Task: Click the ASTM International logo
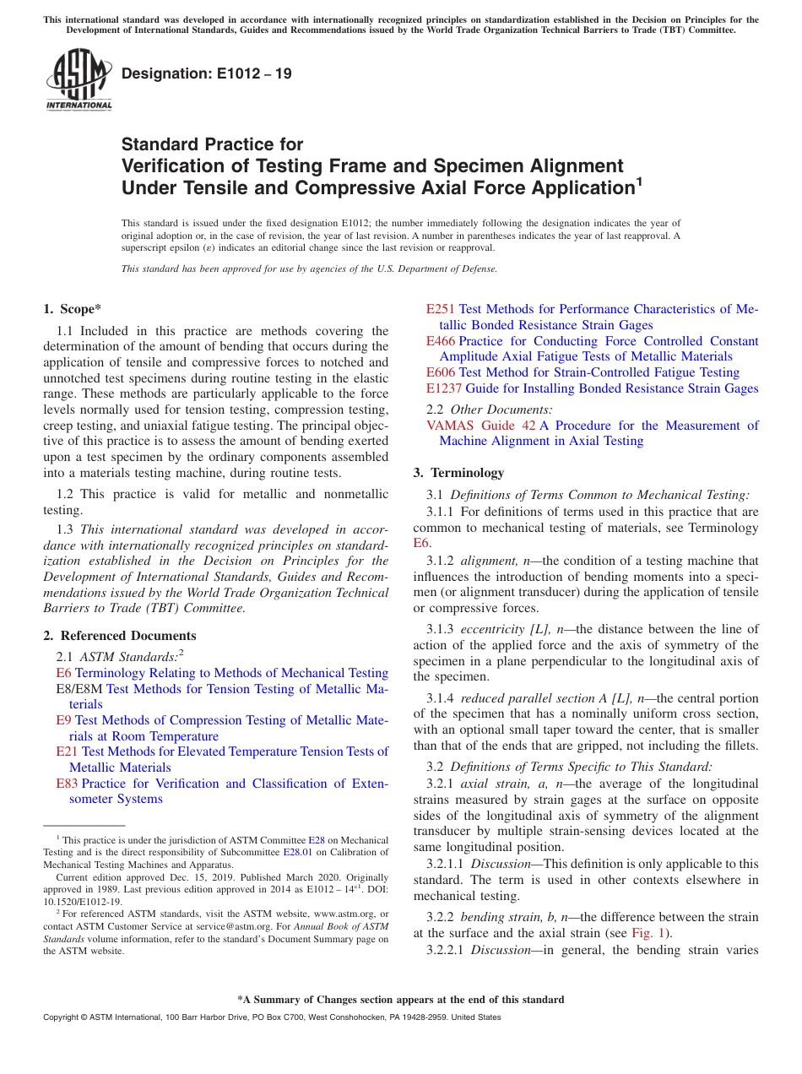[x=79, y=79]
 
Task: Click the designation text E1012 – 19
[x=207, y=74]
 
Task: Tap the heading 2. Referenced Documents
[x=120, y=636]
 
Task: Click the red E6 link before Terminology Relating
[x=63, y=673]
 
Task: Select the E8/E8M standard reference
[x=79, y=689]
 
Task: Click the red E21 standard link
[x=67, y=751]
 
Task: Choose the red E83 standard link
[x=67, y=784]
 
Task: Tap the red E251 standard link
[x=440, y=309]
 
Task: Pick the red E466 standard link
[x=440, y=341]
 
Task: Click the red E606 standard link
[x=440, y=372]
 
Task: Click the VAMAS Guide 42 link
[x=480, y=426]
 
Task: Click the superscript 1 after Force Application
[x=639, y=181]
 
